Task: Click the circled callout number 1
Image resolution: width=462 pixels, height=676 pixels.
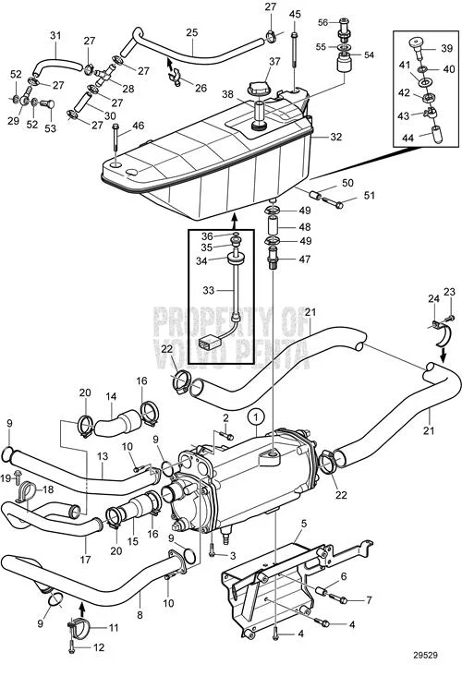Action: pos(257,416)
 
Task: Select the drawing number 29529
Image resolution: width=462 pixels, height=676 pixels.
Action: pos(426,656)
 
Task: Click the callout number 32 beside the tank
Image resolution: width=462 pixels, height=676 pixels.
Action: pos(335,137)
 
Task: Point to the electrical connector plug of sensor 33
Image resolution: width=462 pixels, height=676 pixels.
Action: pos(207,344)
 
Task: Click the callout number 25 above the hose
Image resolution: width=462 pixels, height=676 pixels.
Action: pos(192,32)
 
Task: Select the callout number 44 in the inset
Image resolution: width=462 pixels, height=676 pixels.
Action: pos(408,139)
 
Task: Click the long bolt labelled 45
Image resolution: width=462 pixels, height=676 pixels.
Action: pos(294,48)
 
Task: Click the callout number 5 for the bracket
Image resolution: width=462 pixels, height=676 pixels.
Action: pos(304,524)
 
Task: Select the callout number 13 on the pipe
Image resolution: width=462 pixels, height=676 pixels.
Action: pos(103,456)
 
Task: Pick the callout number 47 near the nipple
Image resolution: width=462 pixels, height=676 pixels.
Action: pos(305,260)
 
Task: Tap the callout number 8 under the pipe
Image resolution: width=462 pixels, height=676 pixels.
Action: pos(140,615)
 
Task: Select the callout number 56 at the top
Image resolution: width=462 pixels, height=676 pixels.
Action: pos(323,22)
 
